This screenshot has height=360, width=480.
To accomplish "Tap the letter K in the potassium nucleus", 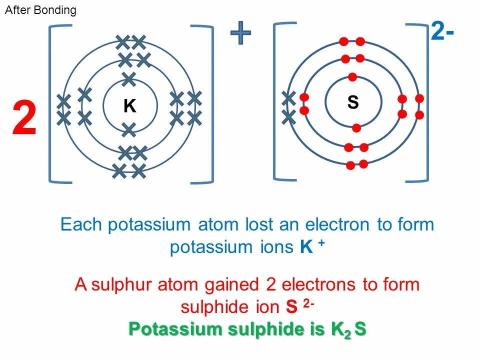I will tap(130, 106).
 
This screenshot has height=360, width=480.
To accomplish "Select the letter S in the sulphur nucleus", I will tap(353, 102).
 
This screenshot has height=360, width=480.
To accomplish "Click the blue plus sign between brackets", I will tap(240, 33).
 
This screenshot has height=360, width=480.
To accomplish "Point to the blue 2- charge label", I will tap(442, 33).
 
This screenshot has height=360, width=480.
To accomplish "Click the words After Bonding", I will tap(40, 10).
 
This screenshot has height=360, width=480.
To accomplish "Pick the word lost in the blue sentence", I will tap(260, 224).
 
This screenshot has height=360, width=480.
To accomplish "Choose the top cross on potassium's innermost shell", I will tap(129, 78).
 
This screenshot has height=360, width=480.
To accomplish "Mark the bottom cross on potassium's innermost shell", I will tap(129, 130).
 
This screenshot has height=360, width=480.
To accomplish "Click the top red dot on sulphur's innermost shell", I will tap(352, 77).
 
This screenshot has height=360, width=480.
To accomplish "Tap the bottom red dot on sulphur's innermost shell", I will tap(356, 128).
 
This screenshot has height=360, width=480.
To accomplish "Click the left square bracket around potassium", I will tap(52, 104).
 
